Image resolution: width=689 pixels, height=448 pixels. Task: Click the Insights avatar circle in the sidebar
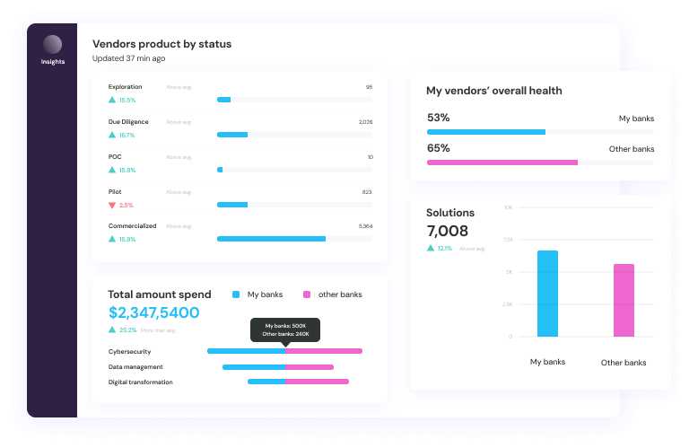[52, 44]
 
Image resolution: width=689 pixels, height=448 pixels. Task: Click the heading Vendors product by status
[161, 44]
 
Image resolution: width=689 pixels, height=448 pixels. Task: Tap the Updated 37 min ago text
[128, 58]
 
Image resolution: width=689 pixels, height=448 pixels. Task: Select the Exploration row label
[125, 87]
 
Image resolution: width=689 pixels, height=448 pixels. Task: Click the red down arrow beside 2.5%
[112, 205]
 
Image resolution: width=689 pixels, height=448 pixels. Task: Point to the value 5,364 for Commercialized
[365, 226]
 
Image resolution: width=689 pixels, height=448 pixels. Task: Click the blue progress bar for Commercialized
[271, 239]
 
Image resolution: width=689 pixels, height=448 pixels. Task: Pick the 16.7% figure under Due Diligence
[126, 135]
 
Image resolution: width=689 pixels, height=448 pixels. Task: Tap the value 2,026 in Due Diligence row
[365, 122]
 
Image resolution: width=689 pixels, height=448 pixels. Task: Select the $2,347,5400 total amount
[153, 312]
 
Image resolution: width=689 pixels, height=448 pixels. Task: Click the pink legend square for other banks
[306, 294]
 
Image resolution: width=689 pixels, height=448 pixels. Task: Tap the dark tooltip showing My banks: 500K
[285, 329]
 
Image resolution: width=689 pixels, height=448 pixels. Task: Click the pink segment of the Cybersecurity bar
[323, 351]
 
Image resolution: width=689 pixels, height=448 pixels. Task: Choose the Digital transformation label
[140, 382]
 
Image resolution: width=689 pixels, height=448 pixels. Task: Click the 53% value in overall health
[438, 118]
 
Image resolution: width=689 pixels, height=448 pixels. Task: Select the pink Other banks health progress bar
[501, 163]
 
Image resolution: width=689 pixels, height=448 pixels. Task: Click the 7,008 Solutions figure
[447, 232]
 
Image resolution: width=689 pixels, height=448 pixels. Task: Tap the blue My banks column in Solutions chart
[547, 294]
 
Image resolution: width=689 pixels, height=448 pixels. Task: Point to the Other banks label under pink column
[623, 363]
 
